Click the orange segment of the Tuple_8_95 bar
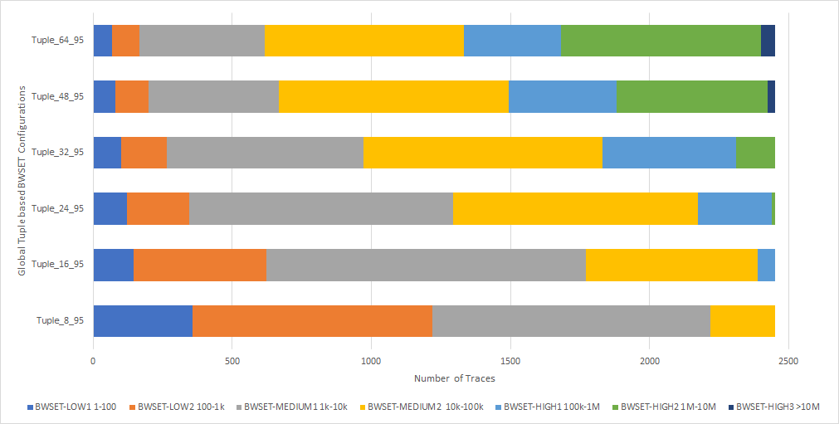click(312, 321)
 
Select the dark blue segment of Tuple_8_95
click(143, 321)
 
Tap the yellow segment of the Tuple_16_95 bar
click(671, 265)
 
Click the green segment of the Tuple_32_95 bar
click(755, 153)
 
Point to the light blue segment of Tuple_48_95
click(563, 96)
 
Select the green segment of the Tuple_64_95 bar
click(661, 41)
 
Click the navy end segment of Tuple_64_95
click(768, 41)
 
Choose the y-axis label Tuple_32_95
click(58, 153)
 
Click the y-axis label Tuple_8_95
click(60, 321)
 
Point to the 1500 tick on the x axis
click(510, 361)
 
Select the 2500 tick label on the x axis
click(788, 361)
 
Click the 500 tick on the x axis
click(232, 361)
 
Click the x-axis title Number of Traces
click(454, 378)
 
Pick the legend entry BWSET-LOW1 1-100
click(74, 407)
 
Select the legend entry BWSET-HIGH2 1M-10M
click(656, 407)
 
